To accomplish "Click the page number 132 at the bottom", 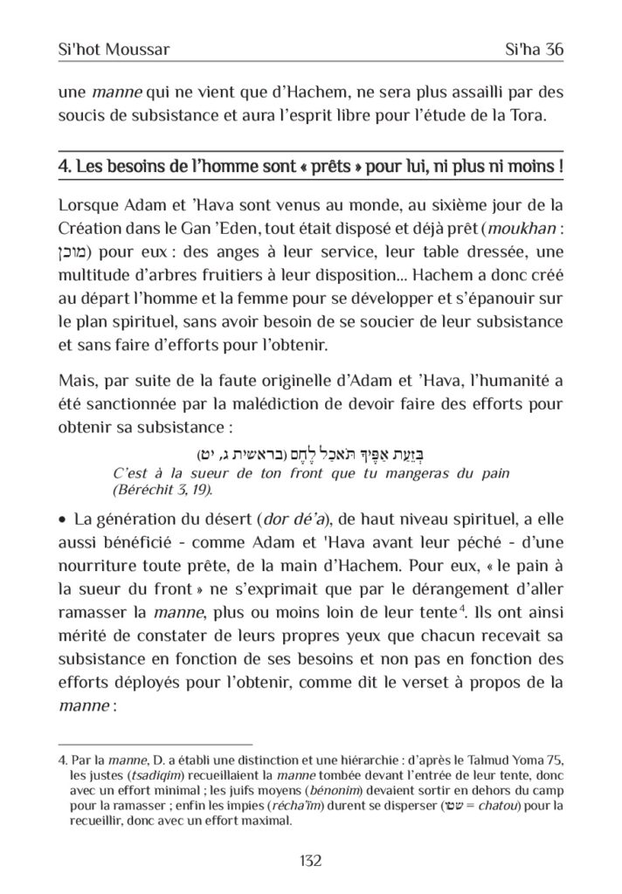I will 310,861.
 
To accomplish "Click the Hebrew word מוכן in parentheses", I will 74,252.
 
